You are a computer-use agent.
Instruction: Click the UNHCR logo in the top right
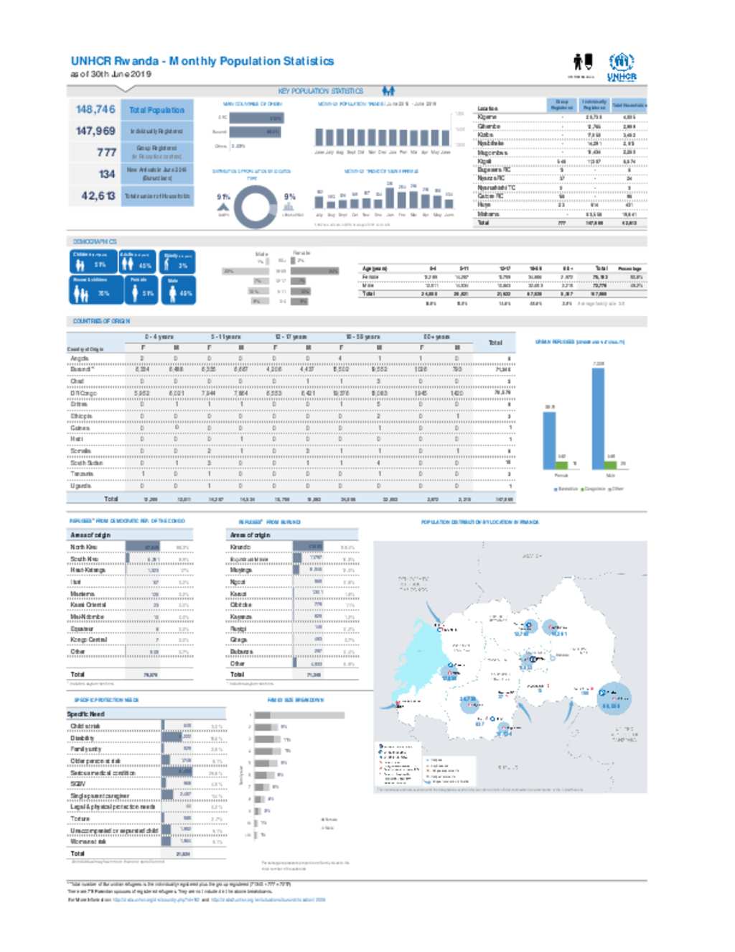(622, 67)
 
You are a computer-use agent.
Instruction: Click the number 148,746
(95, 109)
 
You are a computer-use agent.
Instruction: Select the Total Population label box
(156, 110)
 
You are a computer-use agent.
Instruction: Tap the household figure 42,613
(98, 195)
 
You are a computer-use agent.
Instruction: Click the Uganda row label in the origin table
(80, 486)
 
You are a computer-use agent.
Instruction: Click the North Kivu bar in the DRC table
(143, 547)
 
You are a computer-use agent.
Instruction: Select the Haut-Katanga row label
(88, 570)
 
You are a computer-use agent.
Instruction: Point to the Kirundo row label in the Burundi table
(240, 547)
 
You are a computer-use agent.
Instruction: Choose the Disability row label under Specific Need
(82, 738)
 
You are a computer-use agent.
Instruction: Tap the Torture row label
(80, 818)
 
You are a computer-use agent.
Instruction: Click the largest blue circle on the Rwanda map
(612, 698)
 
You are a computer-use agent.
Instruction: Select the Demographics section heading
(94, 241)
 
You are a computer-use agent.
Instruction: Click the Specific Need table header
(86, 713)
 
